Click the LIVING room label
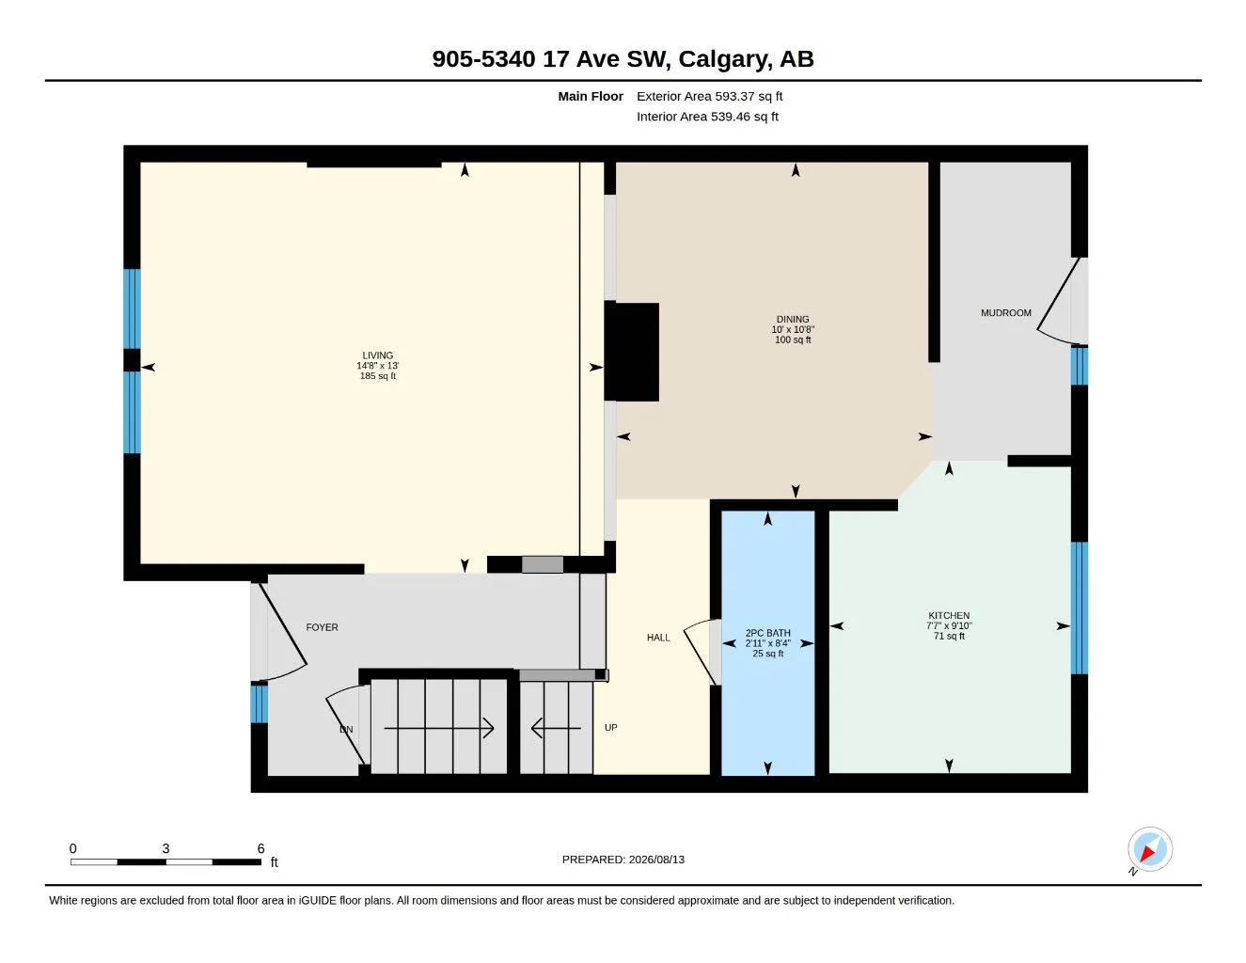click(377, 355)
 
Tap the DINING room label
click(793, 320)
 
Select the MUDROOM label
click(1006, 313)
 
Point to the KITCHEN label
click(949, 616)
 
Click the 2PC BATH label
click(767, 634)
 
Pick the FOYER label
click(322, 627)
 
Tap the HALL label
click(658, 638)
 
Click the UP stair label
click(610, 728)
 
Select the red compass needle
click(1147, 854)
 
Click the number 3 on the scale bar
click(166, 849)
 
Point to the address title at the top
click(623, 59)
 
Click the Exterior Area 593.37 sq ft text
click(709, 96)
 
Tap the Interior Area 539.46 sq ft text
click(707, 117)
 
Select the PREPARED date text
click(623, 860)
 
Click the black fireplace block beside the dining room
click(633, 352)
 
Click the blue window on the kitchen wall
click(1080, 608)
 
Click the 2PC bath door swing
click(699, 651)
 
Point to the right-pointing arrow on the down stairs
click(438, 729)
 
